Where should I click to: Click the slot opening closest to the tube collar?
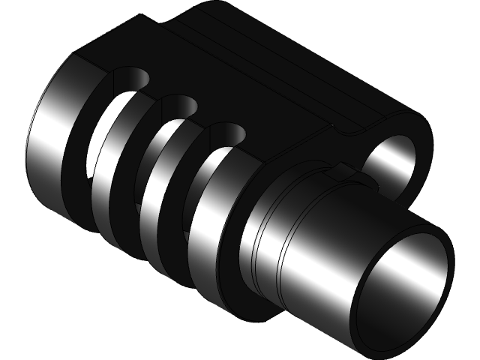(x=226, y=135)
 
